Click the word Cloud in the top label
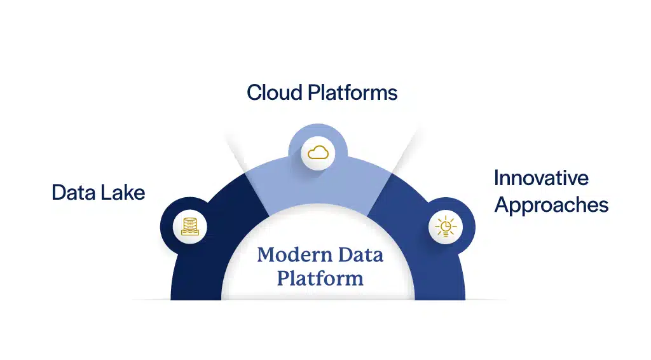coord(274,92)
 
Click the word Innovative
coord(541,177)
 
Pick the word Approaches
coord(551,205)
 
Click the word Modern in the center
coord(286,255)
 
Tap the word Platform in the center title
coord(320,278)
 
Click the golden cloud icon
coord(318,153)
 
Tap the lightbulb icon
coord(445,226)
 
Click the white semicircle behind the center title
coord(318,229)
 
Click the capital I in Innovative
coord(497,177)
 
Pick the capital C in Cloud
coord(254,92)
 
